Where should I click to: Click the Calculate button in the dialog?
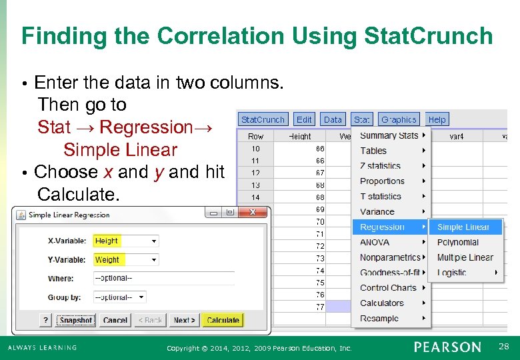223,320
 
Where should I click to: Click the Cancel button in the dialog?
115,320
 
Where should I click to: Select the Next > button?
184,320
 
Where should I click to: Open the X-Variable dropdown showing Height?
125,241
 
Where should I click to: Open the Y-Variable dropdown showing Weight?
125,259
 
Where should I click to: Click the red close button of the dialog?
253,213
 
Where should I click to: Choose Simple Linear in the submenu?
463,227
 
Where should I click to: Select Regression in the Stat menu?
383,227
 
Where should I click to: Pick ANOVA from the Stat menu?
375,243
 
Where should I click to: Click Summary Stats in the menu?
389,135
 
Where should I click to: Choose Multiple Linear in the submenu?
465,257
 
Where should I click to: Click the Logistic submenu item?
452,273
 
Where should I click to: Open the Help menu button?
437,119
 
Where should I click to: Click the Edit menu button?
304,119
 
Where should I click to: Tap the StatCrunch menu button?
263,119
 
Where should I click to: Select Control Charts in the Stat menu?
388,288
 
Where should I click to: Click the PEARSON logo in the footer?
447,347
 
